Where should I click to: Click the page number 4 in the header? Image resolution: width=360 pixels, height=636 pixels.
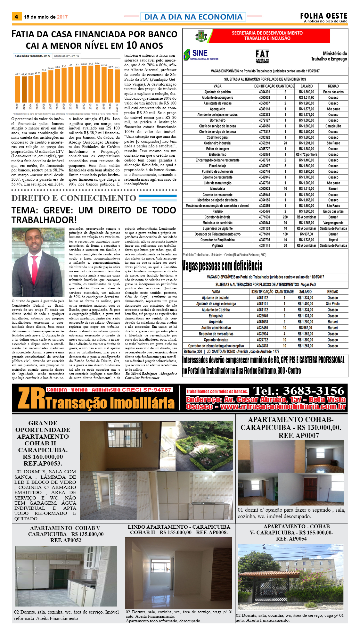pos(16,17)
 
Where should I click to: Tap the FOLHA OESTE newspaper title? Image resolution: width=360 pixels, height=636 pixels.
pos(323,16)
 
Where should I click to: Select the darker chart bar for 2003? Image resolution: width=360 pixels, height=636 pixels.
pos(24,89)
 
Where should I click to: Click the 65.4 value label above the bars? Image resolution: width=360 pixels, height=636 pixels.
pos(97,63)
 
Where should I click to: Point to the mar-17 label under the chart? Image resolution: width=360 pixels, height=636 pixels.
pos(117,108)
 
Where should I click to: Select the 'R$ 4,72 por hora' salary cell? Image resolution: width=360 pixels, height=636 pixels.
pos(307,154)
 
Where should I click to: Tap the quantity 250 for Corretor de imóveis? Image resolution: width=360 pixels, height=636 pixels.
pos(285,217)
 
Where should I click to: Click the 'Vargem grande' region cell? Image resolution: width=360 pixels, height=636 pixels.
pos(333,223)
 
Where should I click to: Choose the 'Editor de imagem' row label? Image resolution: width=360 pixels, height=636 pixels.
pos(217,149)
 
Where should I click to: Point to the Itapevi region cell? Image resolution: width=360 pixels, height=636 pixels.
pos(333,240)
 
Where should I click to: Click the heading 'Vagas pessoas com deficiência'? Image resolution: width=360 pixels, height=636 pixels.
pos(222,266)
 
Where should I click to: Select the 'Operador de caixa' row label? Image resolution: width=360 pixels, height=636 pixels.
pos(216,340)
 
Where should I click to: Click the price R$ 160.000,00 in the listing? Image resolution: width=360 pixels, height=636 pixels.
pos(43,457)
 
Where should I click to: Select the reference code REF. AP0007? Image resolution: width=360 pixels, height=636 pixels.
pos(299,435)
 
